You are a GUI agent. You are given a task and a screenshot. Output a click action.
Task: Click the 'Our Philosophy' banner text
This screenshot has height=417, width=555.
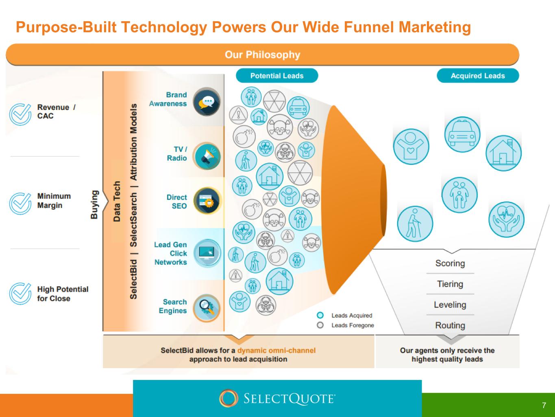(x=262, y=55)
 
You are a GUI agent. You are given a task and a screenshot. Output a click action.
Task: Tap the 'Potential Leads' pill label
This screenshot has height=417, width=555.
(x=277, y=76)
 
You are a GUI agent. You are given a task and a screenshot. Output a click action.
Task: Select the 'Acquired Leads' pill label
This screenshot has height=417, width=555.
(x=478, y=76)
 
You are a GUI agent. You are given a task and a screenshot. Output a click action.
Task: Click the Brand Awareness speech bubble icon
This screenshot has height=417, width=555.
(x=207, y=102)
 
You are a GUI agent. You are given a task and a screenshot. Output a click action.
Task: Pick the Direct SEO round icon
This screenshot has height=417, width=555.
(x=207, y=201)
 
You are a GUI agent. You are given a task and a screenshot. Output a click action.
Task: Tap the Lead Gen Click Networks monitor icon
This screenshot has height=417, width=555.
(x=207, y=253)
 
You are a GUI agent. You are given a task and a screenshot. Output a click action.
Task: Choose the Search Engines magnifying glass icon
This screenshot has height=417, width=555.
(x=207, y=308)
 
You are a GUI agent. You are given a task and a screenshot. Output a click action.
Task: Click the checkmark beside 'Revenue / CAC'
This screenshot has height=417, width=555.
(x=20, y=114)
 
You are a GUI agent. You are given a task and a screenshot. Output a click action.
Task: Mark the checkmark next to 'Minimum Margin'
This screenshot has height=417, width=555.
(x=20, y=204)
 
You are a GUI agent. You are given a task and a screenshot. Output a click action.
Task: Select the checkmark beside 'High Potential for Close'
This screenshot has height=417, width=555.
(x=20, y=294)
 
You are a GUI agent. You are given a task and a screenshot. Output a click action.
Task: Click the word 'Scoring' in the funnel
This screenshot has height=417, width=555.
(x=450, y=263)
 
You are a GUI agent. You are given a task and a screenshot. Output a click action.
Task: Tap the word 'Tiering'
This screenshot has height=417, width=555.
(x=450, y=284)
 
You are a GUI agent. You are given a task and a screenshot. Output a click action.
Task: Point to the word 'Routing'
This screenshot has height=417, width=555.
(x=450, y=325)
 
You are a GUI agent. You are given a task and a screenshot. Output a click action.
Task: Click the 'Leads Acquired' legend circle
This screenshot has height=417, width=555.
(x=320, y=315)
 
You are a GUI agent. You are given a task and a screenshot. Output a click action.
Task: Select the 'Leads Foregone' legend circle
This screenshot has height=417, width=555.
(x=320, y=325)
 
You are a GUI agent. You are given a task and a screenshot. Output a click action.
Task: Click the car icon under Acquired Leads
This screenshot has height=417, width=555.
(x=462, y=134)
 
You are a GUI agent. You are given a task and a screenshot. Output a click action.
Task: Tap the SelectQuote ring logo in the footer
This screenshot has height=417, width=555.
(x=229, y=398)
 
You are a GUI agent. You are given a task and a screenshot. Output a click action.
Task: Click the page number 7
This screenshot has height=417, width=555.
(x=544, y=405)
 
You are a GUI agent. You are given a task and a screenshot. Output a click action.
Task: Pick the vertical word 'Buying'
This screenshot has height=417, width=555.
(x=94, y=204)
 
